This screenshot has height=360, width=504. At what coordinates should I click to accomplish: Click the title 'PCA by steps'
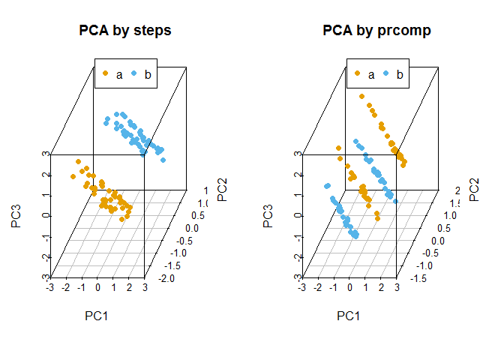pyautogui.click(x=125, y=31)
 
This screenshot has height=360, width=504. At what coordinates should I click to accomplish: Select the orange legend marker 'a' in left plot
pyautogui.click(x=105, y=73)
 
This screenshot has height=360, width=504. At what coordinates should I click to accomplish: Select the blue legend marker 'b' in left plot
pyautogui.click(x=133, y=73)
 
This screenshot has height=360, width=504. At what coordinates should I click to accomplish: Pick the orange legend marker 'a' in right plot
pyautogui.click(x=357, y=73)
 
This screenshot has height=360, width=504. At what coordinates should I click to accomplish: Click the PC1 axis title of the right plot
pyautogui.click(x=348, y=316)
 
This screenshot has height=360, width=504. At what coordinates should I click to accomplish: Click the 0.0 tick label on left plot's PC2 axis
pyautogui.click(x=191, y=228)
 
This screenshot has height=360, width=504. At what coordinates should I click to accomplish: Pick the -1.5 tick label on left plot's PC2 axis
pyautogui.click(x=177, y=266)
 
